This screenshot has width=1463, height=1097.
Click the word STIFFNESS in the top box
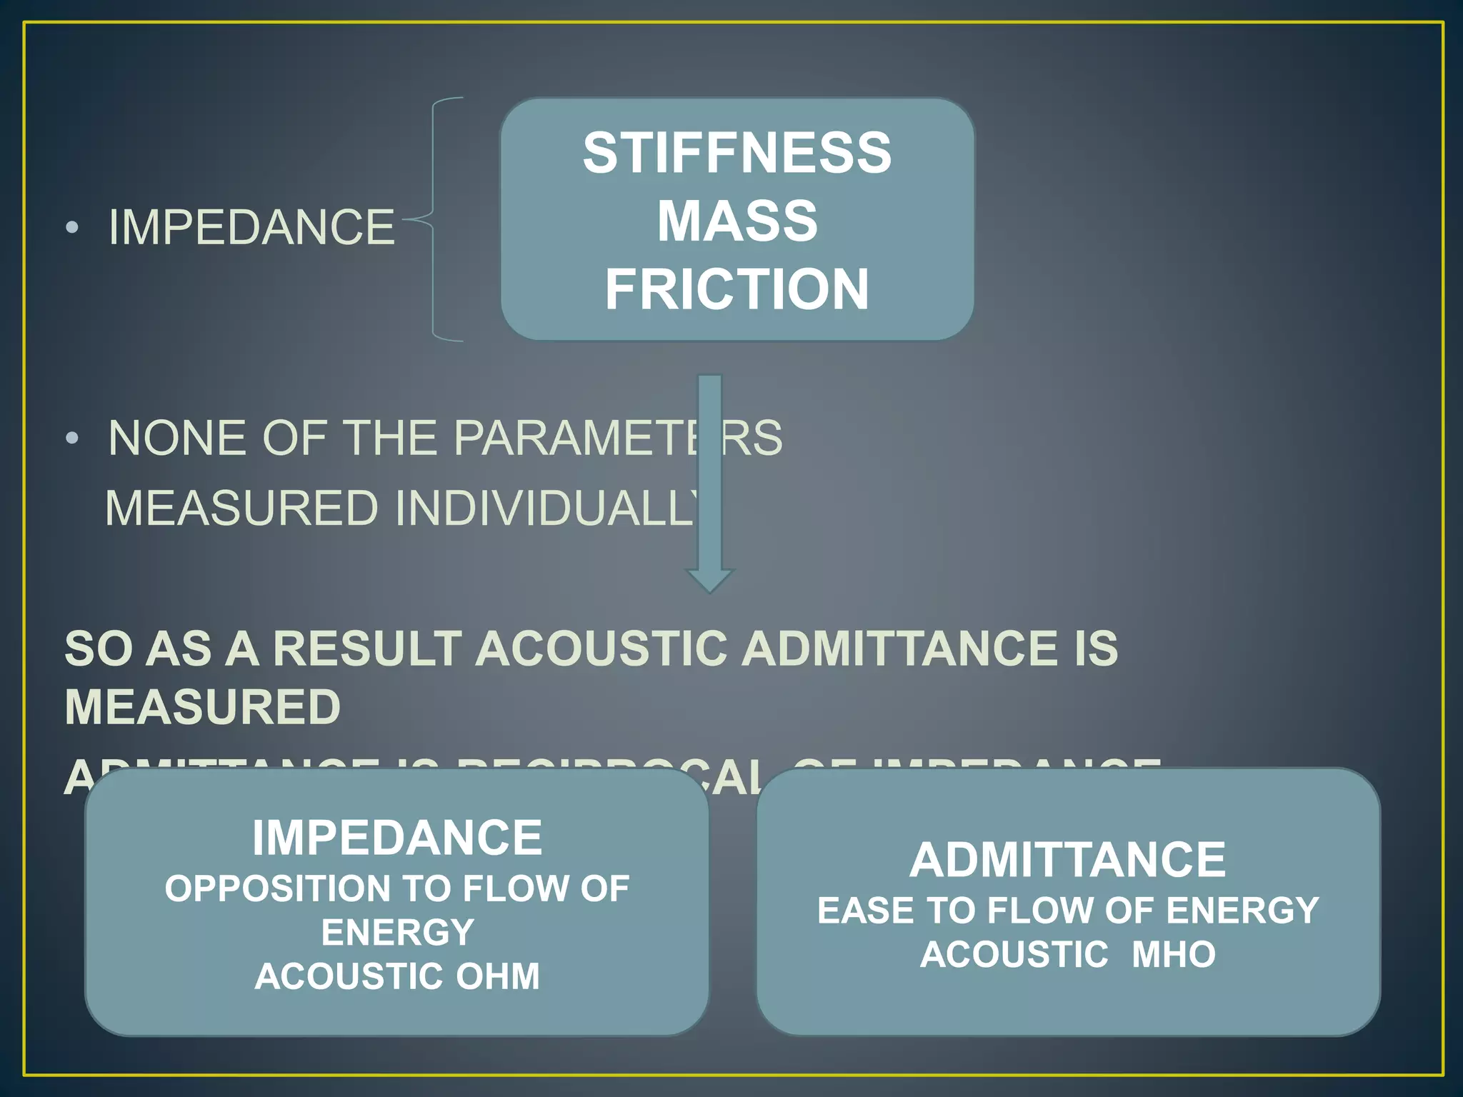(737, 153)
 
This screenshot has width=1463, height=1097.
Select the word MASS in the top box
(737, 221)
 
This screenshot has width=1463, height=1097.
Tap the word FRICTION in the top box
(737, 289)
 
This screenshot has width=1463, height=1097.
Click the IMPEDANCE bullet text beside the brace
(251, 228)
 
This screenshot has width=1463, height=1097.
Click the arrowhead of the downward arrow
(709, 579)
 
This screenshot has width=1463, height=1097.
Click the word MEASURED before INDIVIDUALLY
(241, 508)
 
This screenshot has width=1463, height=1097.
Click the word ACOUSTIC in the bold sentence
(603, 648)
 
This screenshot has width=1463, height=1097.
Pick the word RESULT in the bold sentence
(367, 648)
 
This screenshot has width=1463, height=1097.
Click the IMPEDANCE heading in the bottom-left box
(397, 837)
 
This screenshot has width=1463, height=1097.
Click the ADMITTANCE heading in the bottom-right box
(1067, 859)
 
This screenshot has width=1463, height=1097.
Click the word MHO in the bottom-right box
(1173, 954)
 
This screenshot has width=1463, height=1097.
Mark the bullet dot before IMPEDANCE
(71, 228)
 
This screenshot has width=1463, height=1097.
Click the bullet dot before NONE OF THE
(71, 438)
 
